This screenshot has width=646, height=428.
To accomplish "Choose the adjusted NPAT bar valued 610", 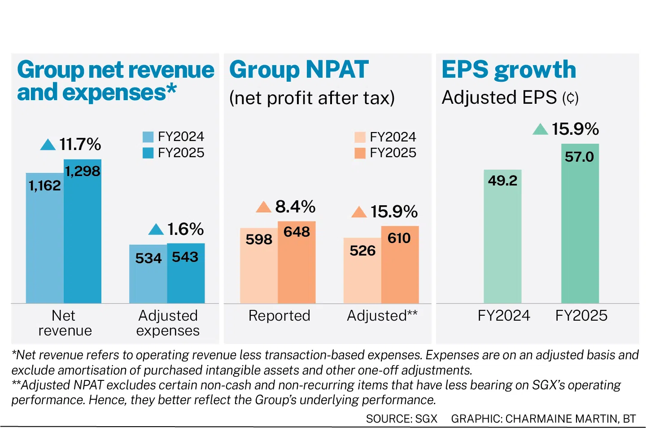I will (x=400, y=265).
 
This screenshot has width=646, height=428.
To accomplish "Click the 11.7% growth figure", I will (x=80, y=144).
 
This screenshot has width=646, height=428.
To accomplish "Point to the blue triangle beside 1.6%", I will (x=156, y=229).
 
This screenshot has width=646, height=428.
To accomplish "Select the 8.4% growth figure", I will (x=295, y=207).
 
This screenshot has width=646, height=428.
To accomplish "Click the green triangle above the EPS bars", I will (x=540, y=129).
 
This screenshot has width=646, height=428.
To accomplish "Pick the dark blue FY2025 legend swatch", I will (x=148, y=153).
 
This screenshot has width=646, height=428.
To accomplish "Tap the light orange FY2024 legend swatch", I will (x=360, y=137).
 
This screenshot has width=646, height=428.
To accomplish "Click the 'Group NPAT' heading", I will (x=299, y=70).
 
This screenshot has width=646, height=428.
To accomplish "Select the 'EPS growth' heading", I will (x=509, y=70).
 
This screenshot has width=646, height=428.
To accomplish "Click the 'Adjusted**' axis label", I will (x=382, y=316).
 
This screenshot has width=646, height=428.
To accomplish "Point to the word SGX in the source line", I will (x=426, y=419).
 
